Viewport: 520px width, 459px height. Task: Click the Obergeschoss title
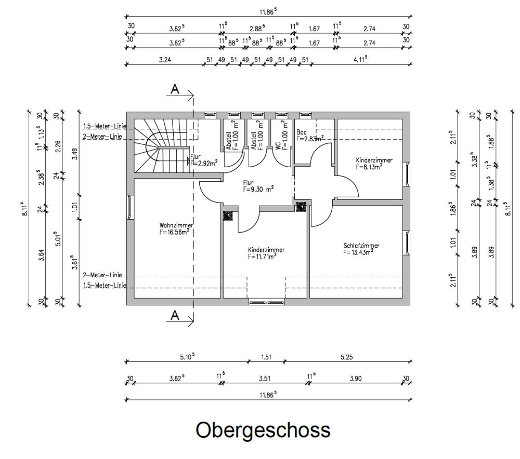pyautogui.click(x=263, y=430)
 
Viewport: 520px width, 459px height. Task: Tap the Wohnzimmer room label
pyautogui.click(x=176, y=228)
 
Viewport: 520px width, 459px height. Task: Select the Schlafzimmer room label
pyautogui.click(x=361, y=249)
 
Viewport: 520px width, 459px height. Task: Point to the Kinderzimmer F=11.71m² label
pyautogui.click(x=266, y=252)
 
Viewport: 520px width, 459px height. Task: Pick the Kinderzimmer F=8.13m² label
pyautogui.click(x=374, y=164)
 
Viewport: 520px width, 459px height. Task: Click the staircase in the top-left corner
pyautogui.click(x=156, y=145)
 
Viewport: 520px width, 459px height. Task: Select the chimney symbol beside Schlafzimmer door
pyautogui.click(x=301, y=207)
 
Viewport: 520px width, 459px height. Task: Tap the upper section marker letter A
pyautogui.click(x=175, y=89)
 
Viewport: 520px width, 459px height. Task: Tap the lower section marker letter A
pyautogui.click(x=175, y=315)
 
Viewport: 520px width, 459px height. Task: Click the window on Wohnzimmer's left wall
pyautogui.click(x=129, y=207)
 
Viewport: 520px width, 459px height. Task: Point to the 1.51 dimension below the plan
pyautogui.click(x=266, y=357)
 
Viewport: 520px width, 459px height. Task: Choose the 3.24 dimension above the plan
pyautogui.click(x=165, y=59)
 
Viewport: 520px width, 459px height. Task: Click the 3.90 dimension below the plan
pyautogui.click(x=355, y=379)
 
